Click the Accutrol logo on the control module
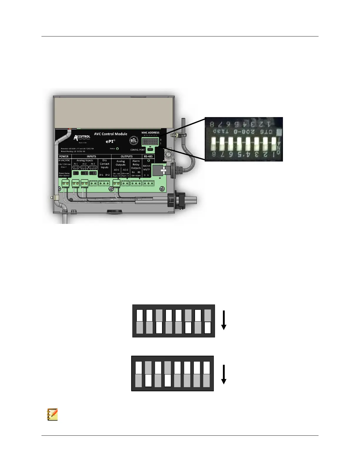pos(82,137)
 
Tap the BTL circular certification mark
pos(134,141)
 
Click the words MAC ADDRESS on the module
pos(150,133)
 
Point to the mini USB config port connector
pos(150,150)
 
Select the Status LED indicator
pos(117,149)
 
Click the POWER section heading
pos(64,157)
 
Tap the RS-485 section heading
pos(148,157)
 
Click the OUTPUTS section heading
pos(126,157)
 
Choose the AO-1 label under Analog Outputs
pos(116,170)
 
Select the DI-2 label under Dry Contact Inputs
pos(107,175)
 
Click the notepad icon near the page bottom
pos(52,414)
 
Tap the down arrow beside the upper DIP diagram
pos(224,320)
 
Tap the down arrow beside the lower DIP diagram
pos(224,375)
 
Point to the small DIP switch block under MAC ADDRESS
pos(150,142)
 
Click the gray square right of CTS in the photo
pos(279,131)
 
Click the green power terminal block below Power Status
pos(66,184)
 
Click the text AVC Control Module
pos(111,134)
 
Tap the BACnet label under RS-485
pos(147,166)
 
